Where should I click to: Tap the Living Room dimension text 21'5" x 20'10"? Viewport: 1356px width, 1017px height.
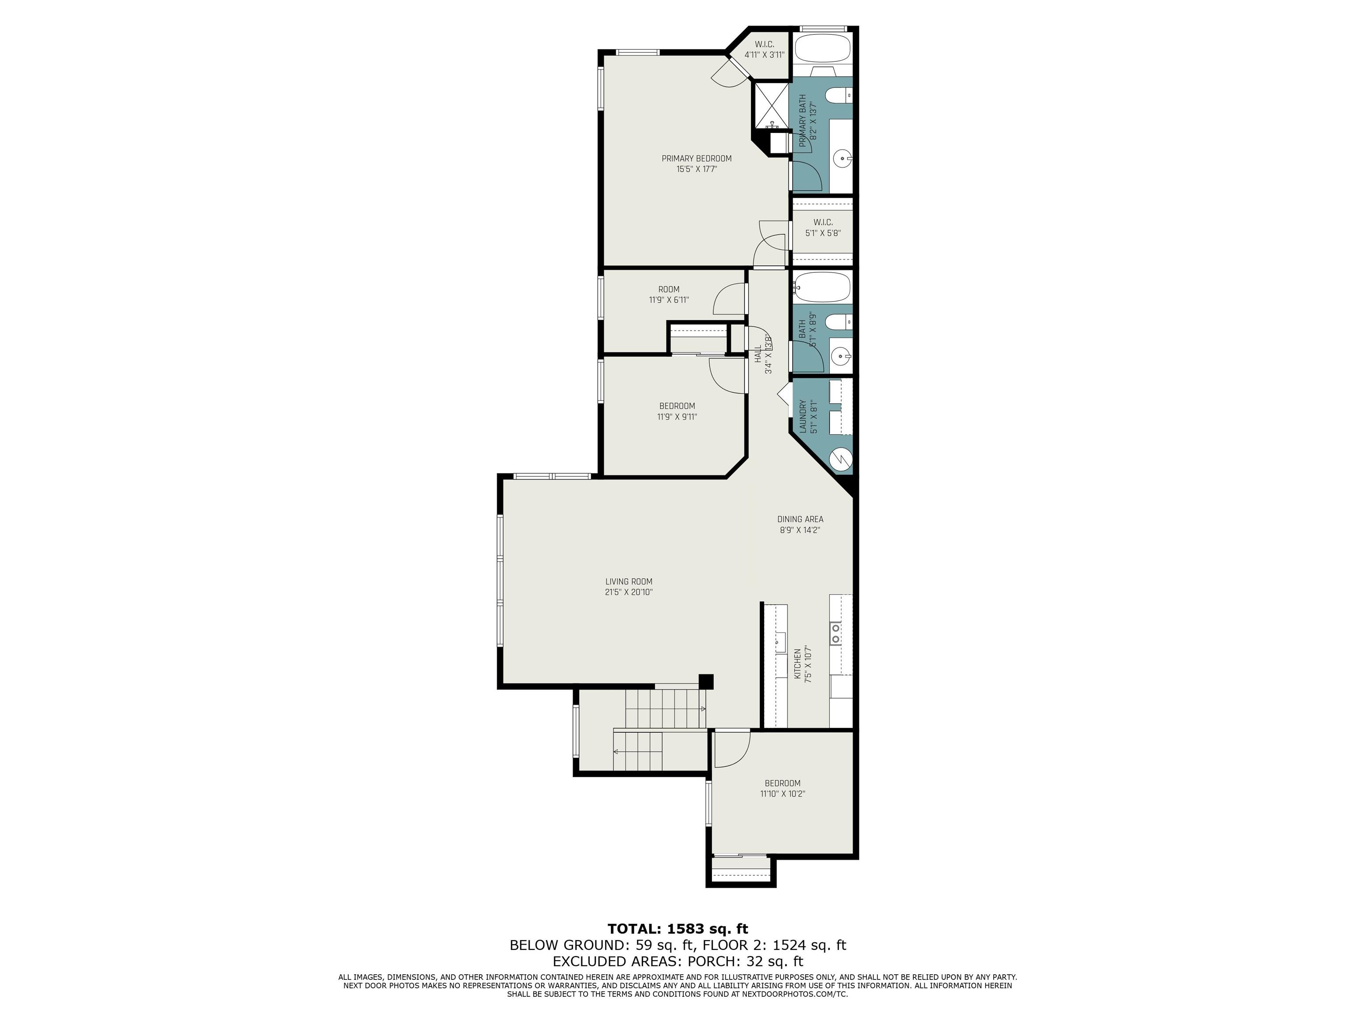point(629,592)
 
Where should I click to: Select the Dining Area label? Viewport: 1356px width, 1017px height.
point(800,519)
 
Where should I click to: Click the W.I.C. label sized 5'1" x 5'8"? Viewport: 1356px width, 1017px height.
point(823,227)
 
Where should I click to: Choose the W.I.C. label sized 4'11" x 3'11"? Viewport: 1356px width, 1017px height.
point(765,49)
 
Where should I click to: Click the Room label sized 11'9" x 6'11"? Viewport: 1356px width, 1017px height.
point(669,294)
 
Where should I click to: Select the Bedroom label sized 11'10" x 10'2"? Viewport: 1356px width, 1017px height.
point(782,788)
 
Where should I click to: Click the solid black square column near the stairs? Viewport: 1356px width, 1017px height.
point(707,681)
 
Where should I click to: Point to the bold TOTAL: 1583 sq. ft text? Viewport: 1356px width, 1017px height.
point(678,928)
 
